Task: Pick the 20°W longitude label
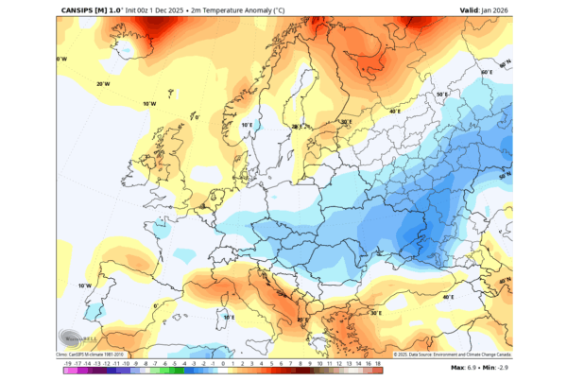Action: [x=103, y=83]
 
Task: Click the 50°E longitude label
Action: [x=440, y=95]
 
